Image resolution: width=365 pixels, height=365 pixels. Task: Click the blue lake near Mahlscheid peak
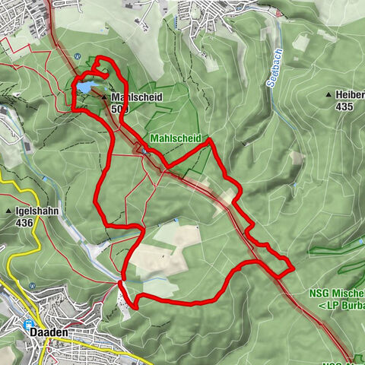[x=83, y=88]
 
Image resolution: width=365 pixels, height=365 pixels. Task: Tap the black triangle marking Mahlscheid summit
[x=104, y=97]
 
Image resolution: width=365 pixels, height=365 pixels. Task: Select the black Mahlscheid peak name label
[x=138, y=98]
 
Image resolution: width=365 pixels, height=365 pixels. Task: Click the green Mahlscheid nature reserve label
[x=175, y=138]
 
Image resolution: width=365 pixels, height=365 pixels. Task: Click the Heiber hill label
[x=351, y=95]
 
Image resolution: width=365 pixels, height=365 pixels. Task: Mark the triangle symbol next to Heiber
[x=328, y=95]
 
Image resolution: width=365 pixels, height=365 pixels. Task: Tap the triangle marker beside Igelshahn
[x=8, y=211]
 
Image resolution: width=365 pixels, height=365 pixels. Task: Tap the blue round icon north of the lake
[x=77, y=55]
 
